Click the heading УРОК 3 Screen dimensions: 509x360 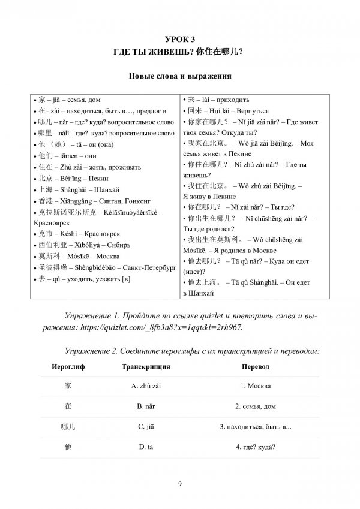(x=181, y=40)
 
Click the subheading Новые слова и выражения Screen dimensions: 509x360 (x=181, y=77)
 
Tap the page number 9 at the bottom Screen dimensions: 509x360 (x=180, y=484)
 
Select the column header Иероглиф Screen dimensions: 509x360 (x=68, y=366)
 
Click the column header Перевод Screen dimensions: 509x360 (x=256, y=366)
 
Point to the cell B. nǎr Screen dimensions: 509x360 (x=147, y=406)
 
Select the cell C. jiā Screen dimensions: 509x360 (x=147, y=426)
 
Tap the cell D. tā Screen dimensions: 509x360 (x=147, y=447)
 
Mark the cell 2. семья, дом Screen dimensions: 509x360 (x=256, y=406)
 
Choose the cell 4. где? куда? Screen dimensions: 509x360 (x=256, y=447)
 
